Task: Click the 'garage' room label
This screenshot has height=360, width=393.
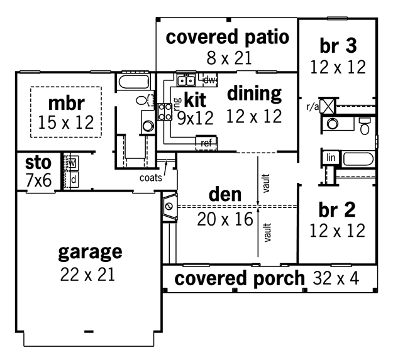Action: click(x=90, y=253)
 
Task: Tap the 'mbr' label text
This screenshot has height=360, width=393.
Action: click(x=67, y=103)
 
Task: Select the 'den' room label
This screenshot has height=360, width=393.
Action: click(x=225, y=195)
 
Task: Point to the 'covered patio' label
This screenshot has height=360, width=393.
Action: click(x=228, y=38)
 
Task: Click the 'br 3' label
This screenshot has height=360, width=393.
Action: click(x=338, y=46)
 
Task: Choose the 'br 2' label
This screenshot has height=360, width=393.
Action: click(x=337, y=210)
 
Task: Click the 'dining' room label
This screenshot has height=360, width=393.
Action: click(x=254, y=94)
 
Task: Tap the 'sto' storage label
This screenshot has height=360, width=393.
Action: click(x=38, y=163)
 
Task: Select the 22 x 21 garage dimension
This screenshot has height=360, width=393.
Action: click(x=87, y=275)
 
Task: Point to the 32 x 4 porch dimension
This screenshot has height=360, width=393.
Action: click(x=336, y=278)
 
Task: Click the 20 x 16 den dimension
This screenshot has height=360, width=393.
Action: click(x=225, y=219)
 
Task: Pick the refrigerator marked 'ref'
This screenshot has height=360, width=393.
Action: click(x=206, y=143)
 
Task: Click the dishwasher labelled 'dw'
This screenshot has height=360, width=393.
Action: click(x=209, y=80)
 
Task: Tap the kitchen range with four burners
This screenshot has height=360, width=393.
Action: click(x=165, y=112)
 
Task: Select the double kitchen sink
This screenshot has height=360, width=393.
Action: click(x=186, y=80)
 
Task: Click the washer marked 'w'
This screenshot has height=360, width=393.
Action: click(x=72, y=163)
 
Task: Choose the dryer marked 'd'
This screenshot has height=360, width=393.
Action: click(x=73, y=180)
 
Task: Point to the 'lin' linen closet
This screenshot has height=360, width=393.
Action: click(x=331, y=158)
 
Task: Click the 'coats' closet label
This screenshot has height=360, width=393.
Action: click(x=151, y=178)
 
